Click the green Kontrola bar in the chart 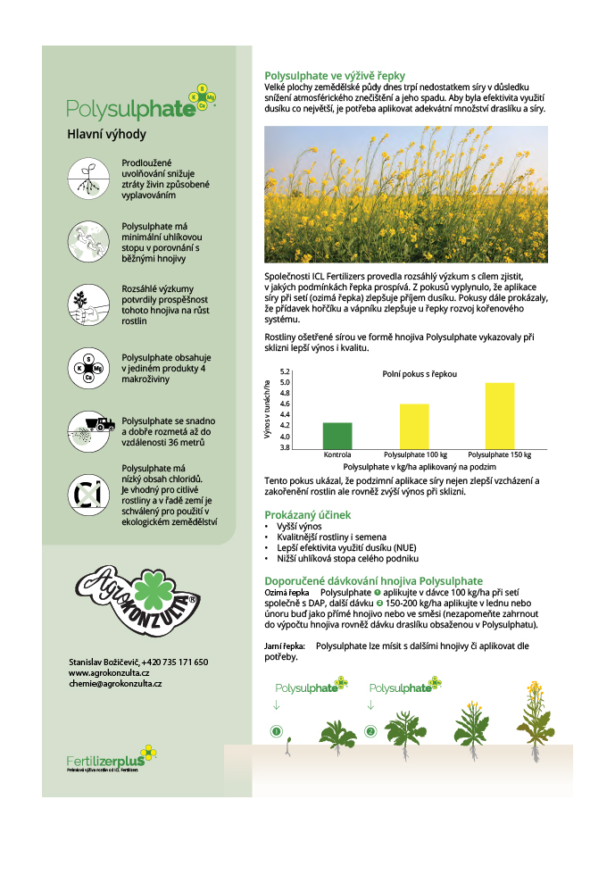pos(337,436)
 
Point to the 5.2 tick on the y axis pos(286,371)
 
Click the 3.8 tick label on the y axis pos(286,447)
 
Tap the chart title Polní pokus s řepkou pos(413,374)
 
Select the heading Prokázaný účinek pos(308,515)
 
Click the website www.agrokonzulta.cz pos(108,672)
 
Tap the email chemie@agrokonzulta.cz pos(115,683)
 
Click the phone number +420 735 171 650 pos(176,662)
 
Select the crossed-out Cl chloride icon pos(93,493)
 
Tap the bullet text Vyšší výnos pos(299,527)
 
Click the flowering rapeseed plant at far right pos(536,714)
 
